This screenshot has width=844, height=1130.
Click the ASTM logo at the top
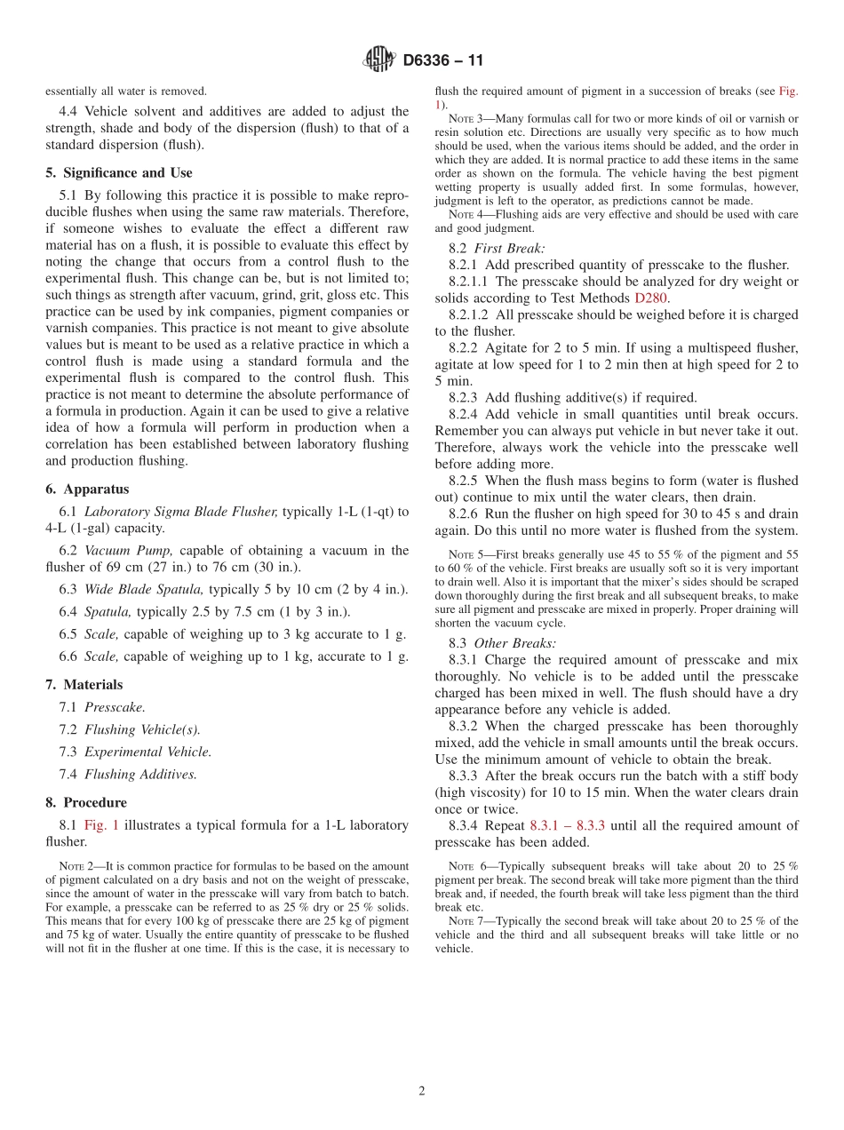point(379,60)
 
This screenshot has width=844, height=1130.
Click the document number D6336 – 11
point(442,60)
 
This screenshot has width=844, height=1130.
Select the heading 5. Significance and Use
point(118,172)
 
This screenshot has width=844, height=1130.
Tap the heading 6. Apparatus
point(87,489)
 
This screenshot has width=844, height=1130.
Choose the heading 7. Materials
point(84,684)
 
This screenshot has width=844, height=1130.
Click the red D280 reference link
point(650,298)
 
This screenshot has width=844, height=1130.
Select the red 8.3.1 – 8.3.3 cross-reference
point(567,825)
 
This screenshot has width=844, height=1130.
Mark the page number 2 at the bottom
point(422,1091)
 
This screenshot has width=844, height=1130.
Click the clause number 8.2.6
point(465,513)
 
